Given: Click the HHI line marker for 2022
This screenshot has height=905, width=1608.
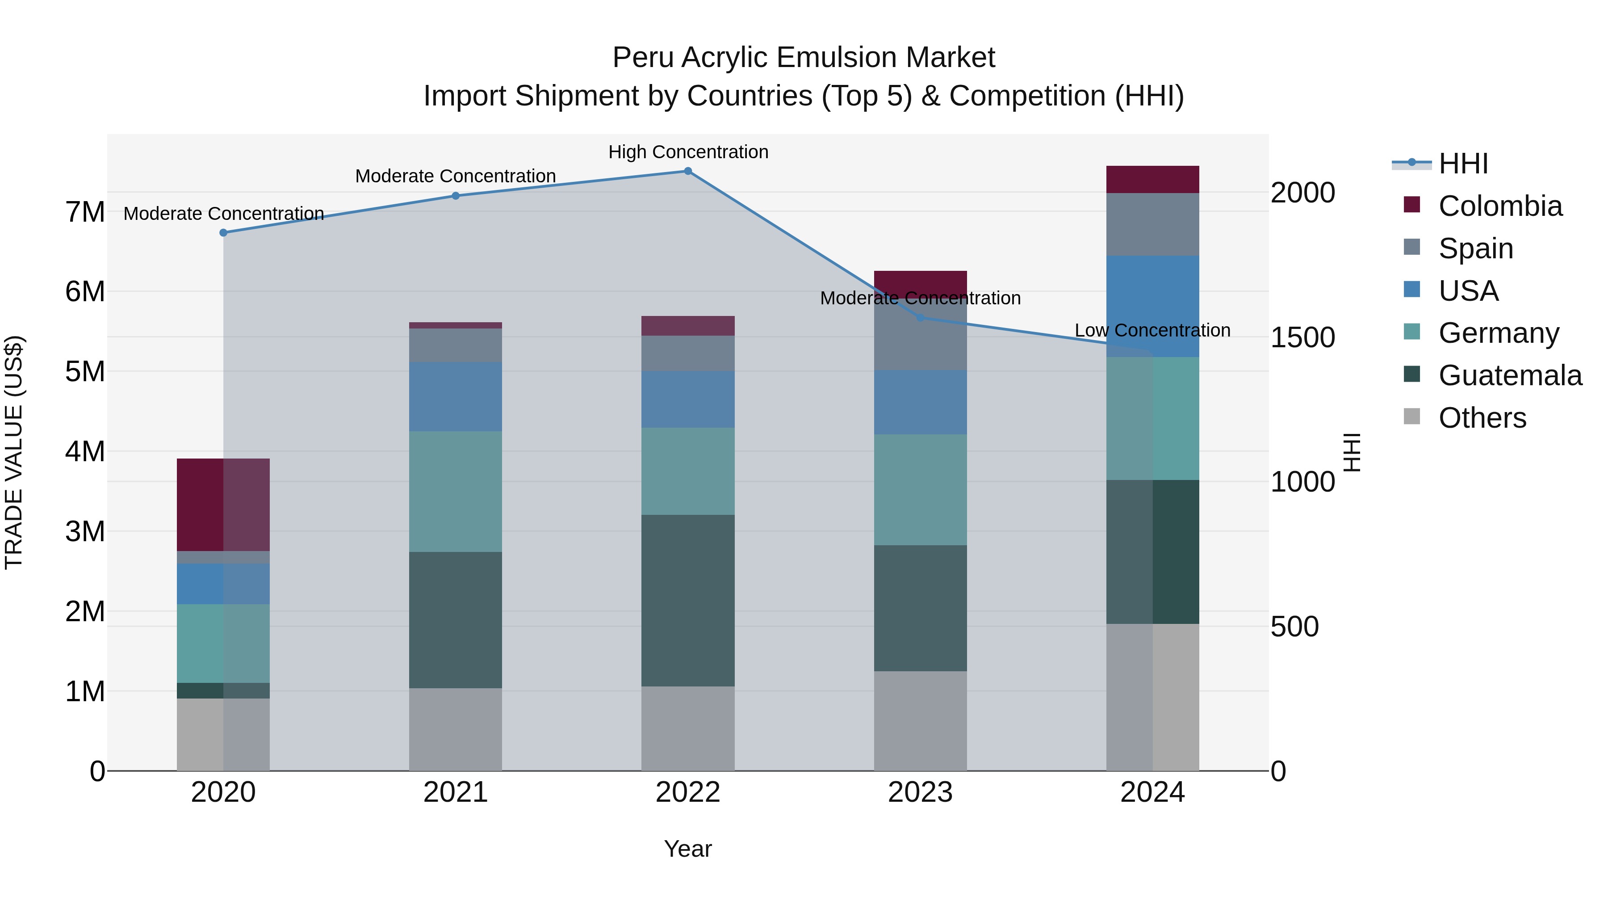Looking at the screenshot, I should [688, 171].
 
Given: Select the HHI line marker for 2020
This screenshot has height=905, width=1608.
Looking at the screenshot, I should [223, 233].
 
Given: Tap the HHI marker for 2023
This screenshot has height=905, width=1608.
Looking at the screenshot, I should [920, 318].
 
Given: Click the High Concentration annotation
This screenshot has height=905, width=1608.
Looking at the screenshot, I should [688, 152].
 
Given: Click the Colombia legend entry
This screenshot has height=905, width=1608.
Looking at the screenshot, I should [1499, 206].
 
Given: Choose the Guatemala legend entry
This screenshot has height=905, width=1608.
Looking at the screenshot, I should [1509, 375].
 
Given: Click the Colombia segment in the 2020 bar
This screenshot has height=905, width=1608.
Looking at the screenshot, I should [223, 505].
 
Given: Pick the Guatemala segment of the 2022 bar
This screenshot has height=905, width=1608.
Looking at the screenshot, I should [688, 600].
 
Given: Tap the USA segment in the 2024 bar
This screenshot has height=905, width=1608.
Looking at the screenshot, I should [1152, 306].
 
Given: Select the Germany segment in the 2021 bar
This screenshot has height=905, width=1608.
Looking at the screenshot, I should [456, 492].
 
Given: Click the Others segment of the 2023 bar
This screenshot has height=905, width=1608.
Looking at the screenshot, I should [920, 721].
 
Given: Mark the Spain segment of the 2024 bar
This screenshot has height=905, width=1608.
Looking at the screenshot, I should [1152, 224].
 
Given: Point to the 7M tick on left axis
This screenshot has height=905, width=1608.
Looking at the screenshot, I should [85, 212].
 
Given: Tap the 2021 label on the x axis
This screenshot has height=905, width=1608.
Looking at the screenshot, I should [456, 792].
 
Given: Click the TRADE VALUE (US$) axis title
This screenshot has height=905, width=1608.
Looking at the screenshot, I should [15, 452].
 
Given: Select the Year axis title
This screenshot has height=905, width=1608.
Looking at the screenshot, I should [688, 849].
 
